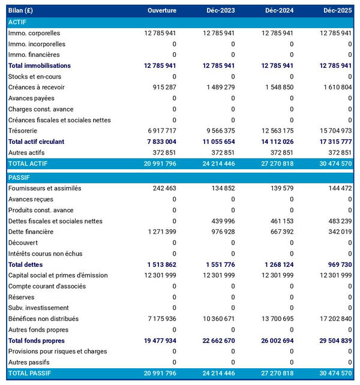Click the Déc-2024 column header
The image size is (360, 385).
click(277, 11)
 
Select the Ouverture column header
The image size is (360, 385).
click(161, 11)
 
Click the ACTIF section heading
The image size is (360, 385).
click(19, 22)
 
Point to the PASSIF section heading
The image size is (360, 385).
click(20, 178)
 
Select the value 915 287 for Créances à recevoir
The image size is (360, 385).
click(160, 88)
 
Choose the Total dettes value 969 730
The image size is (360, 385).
click(336, 264)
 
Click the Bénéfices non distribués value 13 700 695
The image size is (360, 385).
click(273, 319)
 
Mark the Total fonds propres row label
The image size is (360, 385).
click(37, 341)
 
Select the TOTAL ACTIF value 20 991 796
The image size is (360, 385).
click(155, 164)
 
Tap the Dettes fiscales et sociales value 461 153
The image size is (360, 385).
click(278, 221)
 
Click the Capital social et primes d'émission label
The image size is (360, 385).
click(58, 275)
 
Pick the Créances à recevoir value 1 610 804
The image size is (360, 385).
click(334, 88)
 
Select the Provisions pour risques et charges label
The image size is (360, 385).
click(58, 351)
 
